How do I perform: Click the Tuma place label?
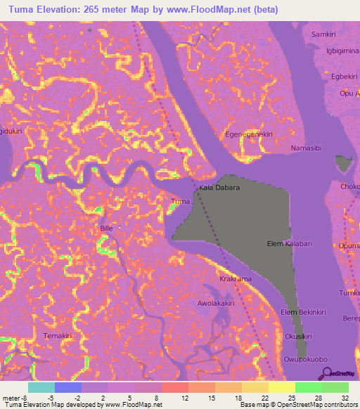click(x=181, y=202)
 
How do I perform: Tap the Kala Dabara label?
click(x=219, y=188)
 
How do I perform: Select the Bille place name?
click(x=106, y=229)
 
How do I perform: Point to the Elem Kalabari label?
click(x=290, y=243)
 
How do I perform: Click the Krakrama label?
click(x=235, y=279)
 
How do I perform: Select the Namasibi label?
click(x=307, y=148)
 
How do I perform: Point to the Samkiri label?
click(x=324, y=34)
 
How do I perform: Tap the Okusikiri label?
click(x=299, y=337)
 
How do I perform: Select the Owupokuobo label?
click(x=306, y=360)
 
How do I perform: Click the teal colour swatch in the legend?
click(x=41, y=387)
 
